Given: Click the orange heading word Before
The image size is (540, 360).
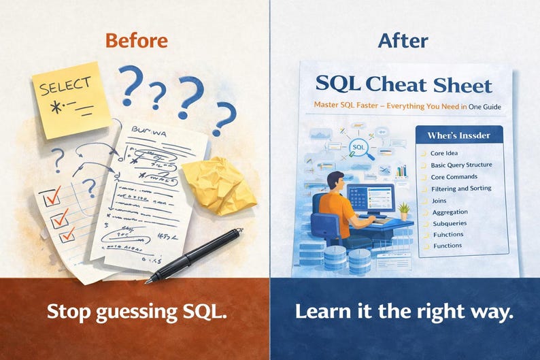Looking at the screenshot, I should click(136, 41).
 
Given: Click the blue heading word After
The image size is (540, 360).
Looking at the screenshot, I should click(403, 41).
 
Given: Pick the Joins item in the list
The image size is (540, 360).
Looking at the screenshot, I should click(439, 201).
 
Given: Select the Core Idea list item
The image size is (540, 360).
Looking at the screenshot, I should click(446, 154).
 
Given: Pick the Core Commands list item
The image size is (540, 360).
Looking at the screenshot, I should click(455, 177).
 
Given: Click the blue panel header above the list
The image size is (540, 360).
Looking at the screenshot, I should click(460, 135).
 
